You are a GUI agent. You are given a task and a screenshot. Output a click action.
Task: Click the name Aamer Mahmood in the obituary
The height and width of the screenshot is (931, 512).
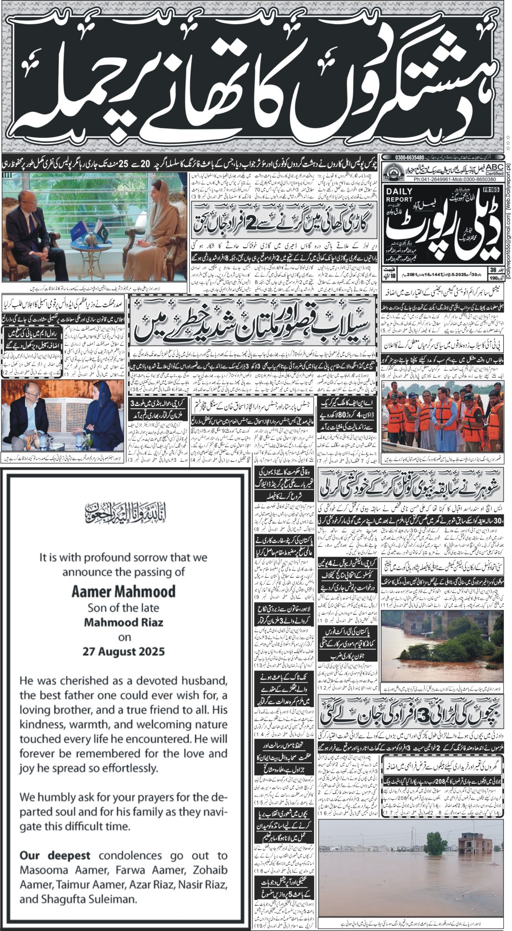(123, 592)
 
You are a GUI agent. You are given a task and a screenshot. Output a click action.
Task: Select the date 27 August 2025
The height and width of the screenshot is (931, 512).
(123, 651)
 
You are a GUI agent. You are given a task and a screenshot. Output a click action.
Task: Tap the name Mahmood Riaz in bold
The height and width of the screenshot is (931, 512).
(123, 622)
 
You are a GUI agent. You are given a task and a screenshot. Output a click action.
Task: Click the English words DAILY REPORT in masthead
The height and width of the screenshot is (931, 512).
(398, 196)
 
